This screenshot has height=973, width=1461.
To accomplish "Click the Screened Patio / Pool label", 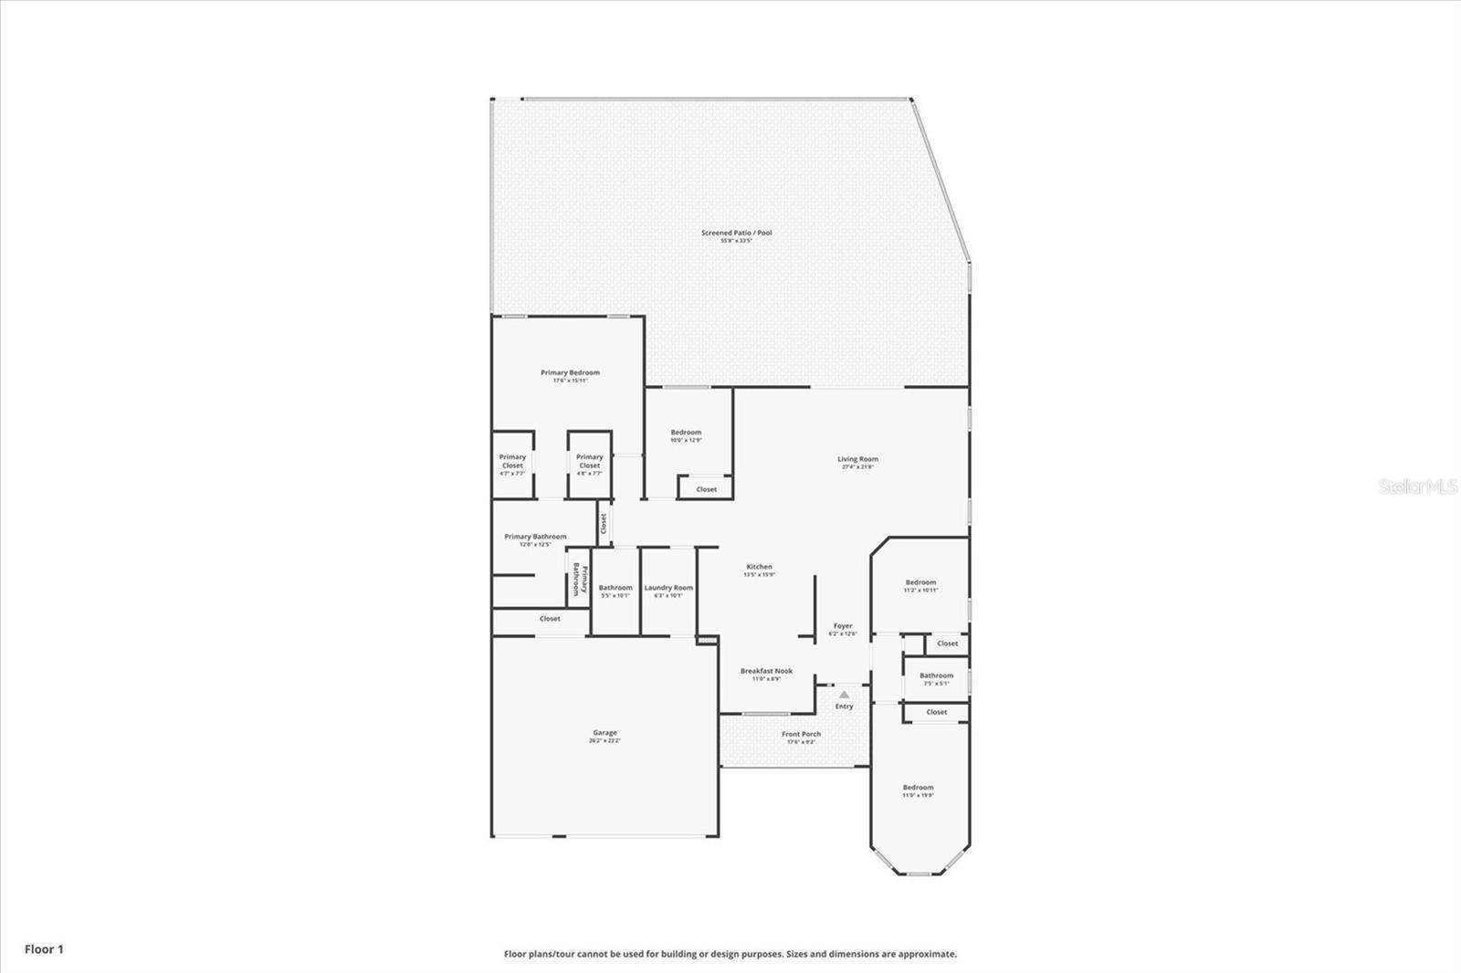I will (x=736, y=233).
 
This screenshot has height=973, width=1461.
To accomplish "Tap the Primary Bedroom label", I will (x=570, y=372).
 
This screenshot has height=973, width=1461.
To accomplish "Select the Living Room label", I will (x=857, y=460).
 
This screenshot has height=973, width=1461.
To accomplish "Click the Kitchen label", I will (x=759, y=568).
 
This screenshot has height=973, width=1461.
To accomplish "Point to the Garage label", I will (x=604, y=733).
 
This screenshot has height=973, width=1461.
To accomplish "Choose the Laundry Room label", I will (x=668, y=588).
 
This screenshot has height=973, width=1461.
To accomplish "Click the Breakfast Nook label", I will (x=766, y=671).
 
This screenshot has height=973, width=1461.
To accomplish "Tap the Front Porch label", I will (x=801, y=735).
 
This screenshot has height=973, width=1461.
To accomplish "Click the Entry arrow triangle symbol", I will (x=844, y=695).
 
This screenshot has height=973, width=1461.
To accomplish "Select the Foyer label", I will (x=843, y=626).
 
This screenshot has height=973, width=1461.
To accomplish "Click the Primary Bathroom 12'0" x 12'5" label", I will (x=535, y=538).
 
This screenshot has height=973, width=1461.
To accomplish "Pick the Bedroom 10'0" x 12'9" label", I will (x=686, y=433).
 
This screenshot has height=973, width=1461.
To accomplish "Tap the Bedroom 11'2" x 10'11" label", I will (x=920, y=582).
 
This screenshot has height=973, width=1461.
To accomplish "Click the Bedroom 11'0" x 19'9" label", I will (x=918, y=788).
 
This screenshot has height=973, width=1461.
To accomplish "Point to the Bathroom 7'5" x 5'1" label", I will (x=936, y=676).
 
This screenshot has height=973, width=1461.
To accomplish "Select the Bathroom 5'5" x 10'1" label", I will (x=615, y=589).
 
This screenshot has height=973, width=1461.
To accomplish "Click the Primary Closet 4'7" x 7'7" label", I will (x=512, y=461).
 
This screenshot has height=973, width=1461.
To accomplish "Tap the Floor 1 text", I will (x=44, y=949).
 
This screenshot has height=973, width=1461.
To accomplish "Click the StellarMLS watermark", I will (x=1417, y=487).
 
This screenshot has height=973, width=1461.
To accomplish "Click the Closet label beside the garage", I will (x=550, y=619).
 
